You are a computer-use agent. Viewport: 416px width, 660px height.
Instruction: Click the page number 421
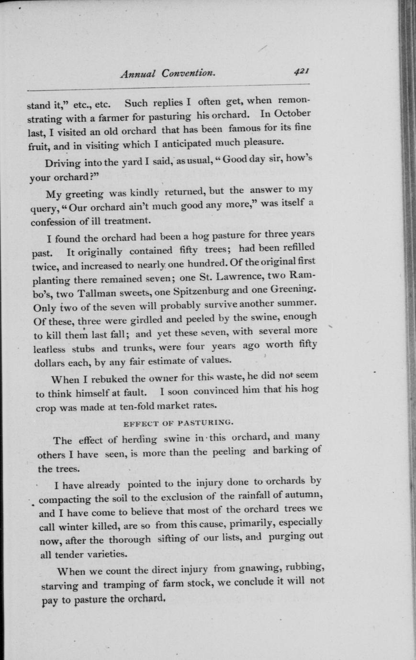coord(303,71)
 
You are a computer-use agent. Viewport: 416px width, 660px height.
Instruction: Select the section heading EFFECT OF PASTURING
coord(178,423)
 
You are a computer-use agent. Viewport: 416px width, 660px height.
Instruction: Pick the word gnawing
coord(253,569)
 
